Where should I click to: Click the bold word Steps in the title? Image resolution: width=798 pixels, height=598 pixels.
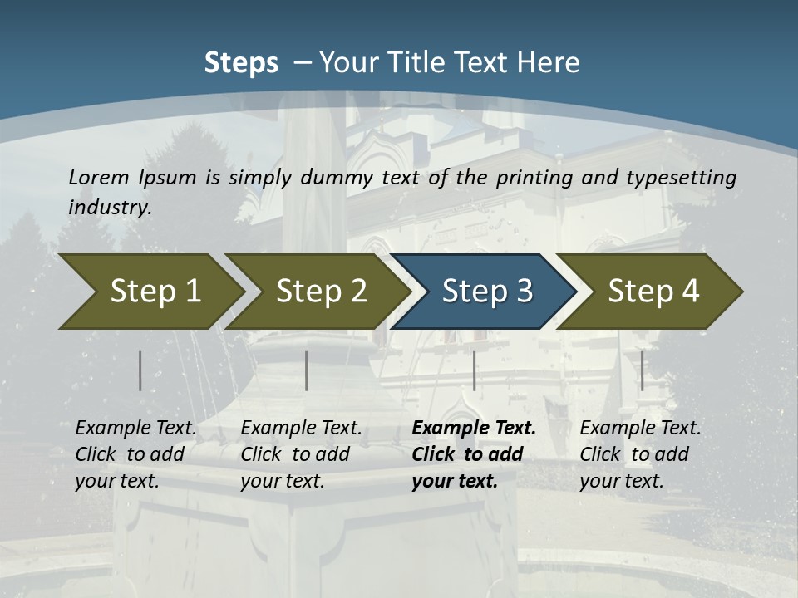point(241,63)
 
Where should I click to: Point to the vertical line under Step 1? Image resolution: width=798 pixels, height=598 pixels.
point(140,370)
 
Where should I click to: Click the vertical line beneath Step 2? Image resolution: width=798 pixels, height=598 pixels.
point(307,370)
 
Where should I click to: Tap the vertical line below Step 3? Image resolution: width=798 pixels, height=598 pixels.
point(474,370)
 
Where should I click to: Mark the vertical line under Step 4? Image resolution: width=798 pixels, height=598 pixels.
point(642,370)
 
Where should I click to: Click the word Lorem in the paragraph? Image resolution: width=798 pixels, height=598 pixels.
point(99,177)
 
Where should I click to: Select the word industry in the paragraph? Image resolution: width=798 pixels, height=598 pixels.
point(109,208)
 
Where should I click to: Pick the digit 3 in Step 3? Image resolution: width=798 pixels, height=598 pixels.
point(523,292)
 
